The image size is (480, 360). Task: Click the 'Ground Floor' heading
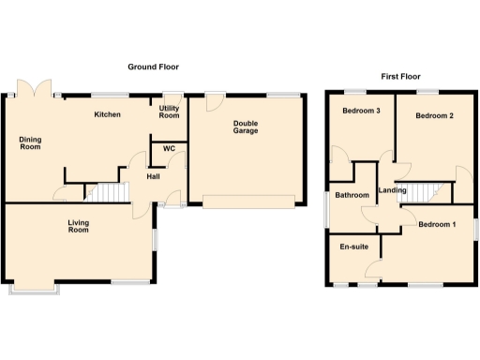click(154, 67)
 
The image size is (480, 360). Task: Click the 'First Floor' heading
click(400, 76)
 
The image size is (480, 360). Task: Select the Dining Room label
click(31, 143)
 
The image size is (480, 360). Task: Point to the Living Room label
click(78, 226)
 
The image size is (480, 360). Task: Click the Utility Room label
click(169, 112)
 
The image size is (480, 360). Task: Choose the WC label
click(169, 148)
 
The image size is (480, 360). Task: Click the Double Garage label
click(247, 126)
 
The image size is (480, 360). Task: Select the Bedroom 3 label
click(361, 112)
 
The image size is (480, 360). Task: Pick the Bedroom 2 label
click(435, 116)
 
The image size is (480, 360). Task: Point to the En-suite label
click(354, 247)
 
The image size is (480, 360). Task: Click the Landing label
click(392, 192)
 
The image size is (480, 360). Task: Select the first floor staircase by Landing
click(428, 191)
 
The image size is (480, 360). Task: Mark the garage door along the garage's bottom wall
click(249, 201)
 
